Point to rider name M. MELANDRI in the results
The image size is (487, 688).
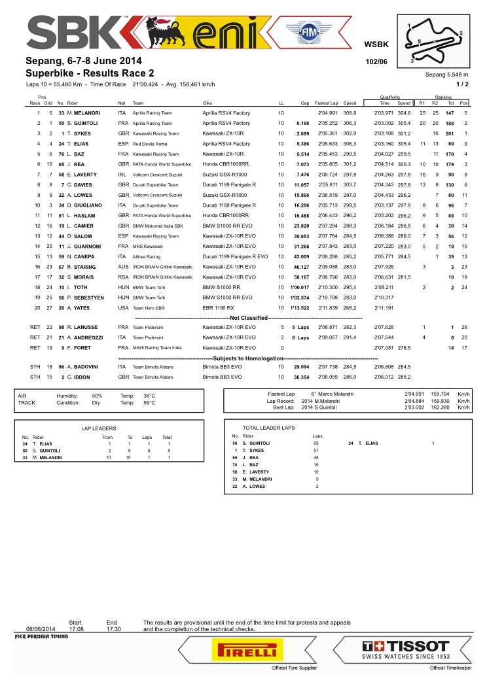(x=82, y=114)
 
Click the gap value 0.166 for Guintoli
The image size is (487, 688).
(x=302, y=123)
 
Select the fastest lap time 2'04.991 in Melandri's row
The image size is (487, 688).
(x=327, y=114)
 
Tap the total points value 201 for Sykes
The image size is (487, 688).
(x=449, y=132)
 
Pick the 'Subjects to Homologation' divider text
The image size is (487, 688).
(x=243, y=358)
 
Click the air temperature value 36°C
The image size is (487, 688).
(x=149, y=396)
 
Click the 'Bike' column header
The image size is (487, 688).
(x=207, y=103)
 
